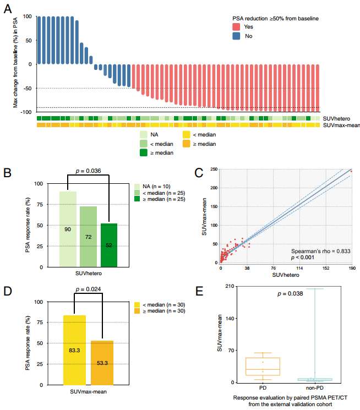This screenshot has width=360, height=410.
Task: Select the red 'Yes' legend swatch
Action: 236,26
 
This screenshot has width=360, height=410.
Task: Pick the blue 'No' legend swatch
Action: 236,36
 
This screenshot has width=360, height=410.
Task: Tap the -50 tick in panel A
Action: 27,88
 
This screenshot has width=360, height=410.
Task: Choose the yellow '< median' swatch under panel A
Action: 187,134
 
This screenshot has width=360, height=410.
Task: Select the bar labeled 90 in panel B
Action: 68,229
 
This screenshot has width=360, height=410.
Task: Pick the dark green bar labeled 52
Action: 109,245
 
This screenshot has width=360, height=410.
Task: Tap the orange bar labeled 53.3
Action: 102,363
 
